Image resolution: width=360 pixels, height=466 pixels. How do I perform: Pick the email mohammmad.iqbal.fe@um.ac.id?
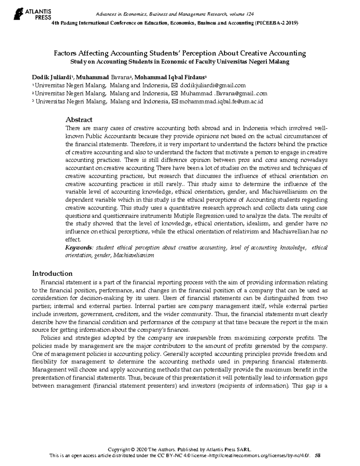(220, 101)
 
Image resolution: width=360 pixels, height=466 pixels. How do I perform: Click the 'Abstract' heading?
(79, 120)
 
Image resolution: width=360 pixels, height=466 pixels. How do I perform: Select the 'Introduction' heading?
(52, 273)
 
